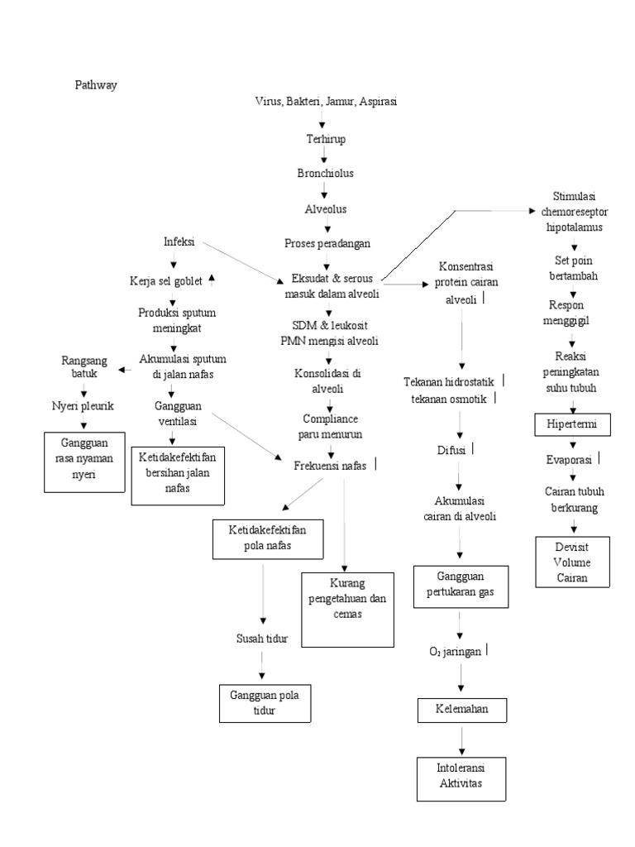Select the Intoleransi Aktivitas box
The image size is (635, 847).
[x=461, y=777]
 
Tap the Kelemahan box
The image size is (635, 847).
[x=461, y=710]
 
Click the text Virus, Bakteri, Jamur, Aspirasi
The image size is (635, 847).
[x=331, y=101]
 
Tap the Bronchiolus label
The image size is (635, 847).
[x=325, y=173]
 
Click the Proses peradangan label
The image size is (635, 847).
[x=327, y=243]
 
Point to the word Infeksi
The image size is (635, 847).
[x=179, y=242]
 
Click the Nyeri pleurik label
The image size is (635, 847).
[x=84, y=406]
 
